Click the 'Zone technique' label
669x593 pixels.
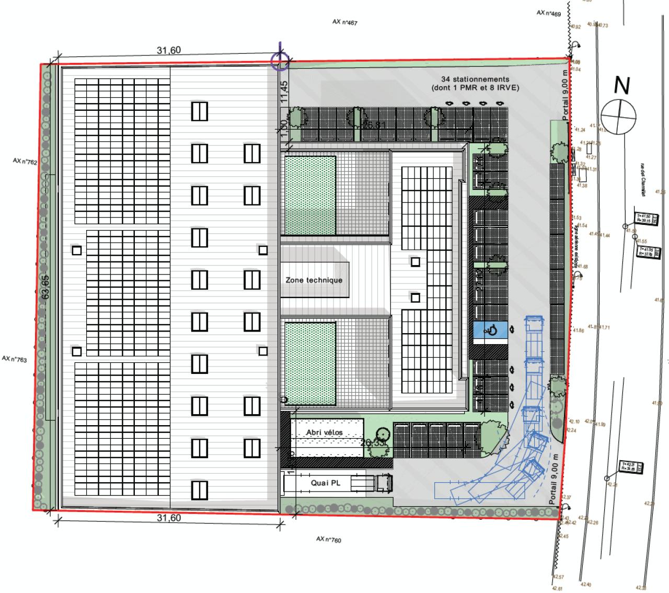[x=314, y=280]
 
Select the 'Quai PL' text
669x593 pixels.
[x=325, y=483]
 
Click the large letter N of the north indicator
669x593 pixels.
[x=621, y=85]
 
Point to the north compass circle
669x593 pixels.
[x=619, y=115]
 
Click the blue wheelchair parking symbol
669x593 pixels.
[x=491, y=330]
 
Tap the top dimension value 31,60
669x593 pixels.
[x=169, y=50]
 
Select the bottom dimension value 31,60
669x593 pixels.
[x=169, y=518]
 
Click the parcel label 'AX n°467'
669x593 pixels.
[x=344, y=22]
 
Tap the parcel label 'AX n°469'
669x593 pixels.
[x=548, y=13]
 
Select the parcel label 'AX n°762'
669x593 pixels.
[x=25, y=162]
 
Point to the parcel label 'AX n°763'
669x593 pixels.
[x=14, y=359]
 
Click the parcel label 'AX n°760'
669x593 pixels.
[x=329, y=539]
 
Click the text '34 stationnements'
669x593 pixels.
[x=475, y=79]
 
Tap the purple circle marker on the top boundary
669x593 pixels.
[x=280, y=61]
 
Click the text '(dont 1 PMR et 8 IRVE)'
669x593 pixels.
[x=475, y=88]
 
